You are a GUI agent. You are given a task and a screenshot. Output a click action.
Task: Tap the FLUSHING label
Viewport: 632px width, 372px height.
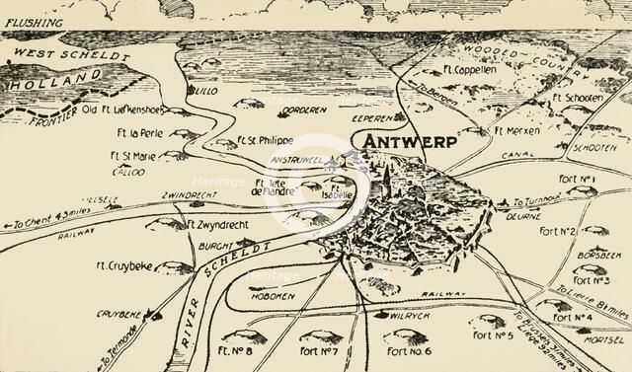click(33, 22)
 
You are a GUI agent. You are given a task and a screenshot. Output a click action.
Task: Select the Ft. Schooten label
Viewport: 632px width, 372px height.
click(578, 99)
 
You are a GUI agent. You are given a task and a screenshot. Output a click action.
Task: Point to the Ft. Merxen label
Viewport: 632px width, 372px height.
click(516, 130)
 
